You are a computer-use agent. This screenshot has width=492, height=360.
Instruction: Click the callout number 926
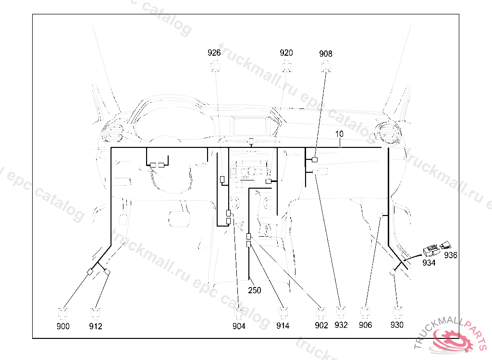tap(214, 52)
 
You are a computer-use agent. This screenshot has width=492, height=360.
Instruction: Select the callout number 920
tap(286, 53)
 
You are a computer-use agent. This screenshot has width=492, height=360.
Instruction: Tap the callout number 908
tap(326, 54)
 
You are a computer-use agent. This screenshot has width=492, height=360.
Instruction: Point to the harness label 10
tap(339, 134)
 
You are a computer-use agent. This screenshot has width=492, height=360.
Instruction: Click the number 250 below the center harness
tap(255, 290)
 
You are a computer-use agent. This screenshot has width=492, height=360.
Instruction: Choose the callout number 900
tap(62, 326)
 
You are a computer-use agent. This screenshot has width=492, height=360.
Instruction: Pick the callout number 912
tap(96, 326)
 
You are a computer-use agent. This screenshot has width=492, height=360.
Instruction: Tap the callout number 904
tap(239, 326)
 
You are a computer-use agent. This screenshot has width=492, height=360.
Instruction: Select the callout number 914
tap(283, 326)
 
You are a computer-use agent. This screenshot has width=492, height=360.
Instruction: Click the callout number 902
tap(321, 325)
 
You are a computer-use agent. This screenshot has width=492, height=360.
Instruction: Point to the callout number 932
tap(341, 325)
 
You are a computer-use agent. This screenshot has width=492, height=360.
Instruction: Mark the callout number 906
tap(365, 325)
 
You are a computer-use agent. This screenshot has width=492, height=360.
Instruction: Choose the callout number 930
tap(397, 325)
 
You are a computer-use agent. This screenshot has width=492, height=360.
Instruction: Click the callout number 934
tap(429, 263)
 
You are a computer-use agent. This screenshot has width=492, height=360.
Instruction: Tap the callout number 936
tap(451, 255)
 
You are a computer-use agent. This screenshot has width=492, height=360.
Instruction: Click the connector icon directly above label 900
tap(62, 313)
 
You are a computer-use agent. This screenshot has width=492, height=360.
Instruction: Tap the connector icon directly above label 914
tap(283, 313)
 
